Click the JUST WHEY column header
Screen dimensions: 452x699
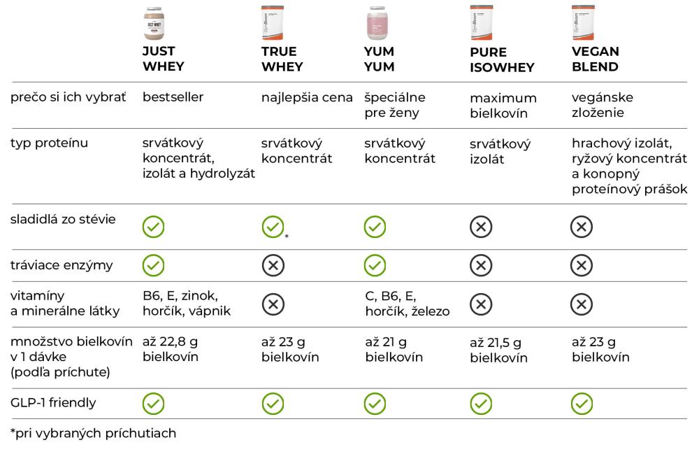(x=163, y=59)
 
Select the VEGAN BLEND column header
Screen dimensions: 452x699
(x=595, y=59)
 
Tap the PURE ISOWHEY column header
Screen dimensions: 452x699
(x=502, y=60)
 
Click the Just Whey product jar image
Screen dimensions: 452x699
(x=154, y=23)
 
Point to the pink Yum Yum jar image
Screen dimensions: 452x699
(x=377, y=23)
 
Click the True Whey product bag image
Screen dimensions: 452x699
(x=273, y=23)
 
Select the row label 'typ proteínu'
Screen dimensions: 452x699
(x=50, y=143)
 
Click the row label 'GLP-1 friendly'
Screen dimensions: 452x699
(x=53, y=402)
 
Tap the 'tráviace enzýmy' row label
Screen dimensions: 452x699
(x=62, y=265)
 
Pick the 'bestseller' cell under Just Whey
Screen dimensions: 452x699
(x=173, y=97)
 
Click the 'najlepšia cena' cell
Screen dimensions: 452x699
(x=307, y=97)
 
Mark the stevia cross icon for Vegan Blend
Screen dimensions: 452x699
(x=583, y=226)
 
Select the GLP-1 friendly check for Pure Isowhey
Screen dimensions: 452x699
(x=480, y=403)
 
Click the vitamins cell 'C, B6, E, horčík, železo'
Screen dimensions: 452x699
(x=406, y=304)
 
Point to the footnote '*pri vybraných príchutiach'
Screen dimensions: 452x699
(x=93, y=433)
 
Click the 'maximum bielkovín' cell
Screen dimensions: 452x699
(x=503, y=105)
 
